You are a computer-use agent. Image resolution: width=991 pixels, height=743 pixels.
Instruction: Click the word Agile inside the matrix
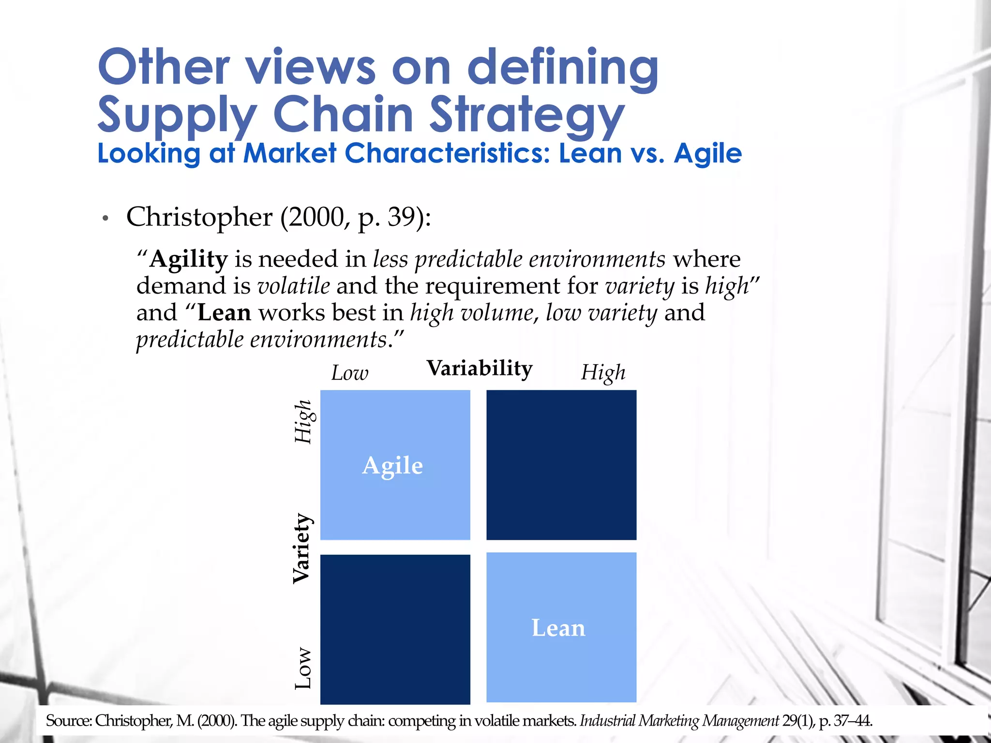[392, 466]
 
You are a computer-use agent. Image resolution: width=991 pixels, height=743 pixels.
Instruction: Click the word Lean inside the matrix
[558, 628]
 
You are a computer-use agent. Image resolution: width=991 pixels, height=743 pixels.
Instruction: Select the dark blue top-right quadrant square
[561, 465]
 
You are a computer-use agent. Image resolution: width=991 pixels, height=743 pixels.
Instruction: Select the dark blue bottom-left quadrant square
[395, 629]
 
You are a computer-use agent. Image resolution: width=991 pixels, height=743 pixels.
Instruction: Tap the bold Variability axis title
[479, 369]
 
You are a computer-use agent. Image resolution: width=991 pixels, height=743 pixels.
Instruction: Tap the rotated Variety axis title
[302, 549]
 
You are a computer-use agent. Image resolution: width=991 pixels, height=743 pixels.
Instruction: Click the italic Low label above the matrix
[349, 373]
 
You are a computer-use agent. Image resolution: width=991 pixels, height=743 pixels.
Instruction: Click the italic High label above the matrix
[603, 373]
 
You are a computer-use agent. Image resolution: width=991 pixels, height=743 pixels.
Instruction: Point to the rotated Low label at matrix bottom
[303, 668]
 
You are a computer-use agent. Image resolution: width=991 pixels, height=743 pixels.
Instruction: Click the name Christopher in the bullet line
[199, 217]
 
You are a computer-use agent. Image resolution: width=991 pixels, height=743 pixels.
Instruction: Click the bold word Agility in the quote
[188, 260]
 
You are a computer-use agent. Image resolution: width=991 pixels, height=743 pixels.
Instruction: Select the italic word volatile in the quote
[294, 286]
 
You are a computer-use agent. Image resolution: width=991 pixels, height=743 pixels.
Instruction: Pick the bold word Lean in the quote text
[224, 313]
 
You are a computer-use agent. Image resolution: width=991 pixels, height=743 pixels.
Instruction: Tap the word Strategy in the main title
[527, 115]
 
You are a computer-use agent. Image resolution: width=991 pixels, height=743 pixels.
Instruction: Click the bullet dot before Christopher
[105, 219]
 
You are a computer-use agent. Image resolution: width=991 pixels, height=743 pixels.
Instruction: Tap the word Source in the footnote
[67, 721]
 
